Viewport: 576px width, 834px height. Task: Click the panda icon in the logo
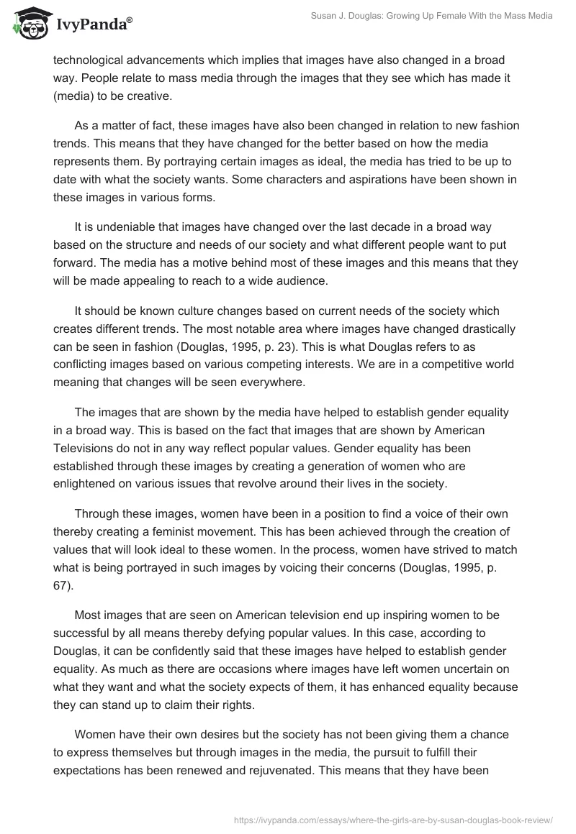(28, 24)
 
